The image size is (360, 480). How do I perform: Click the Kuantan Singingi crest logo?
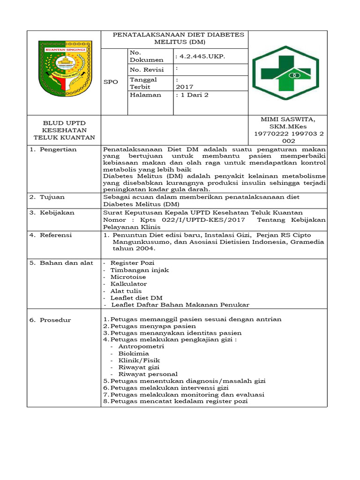coord(63,68)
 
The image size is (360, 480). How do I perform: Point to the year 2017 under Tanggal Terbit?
coord(184,87)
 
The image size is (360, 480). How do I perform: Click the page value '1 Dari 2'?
coord(192,95)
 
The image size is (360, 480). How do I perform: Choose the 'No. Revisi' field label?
coord(147,70)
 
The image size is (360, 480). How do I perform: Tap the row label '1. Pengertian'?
coord(53,150)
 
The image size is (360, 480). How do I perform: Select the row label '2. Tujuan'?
coord(47,197)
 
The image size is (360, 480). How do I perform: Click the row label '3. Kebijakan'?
coord(51,212)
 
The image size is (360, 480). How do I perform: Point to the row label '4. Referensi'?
coord(51,235)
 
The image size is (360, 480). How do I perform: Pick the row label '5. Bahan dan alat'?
coord(61,262)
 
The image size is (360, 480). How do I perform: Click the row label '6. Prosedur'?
coord(50,320)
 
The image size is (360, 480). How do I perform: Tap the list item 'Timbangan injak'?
coord(140,270)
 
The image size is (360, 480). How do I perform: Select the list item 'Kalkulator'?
coord(128,284)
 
